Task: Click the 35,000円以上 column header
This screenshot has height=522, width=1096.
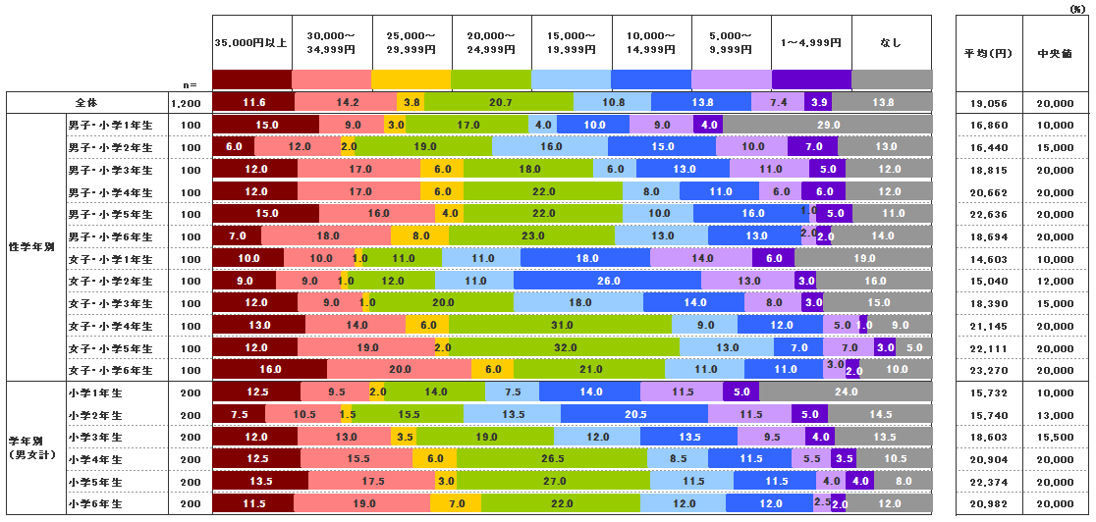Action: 251,42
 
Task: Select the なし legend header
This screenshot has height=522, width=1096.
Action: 891,42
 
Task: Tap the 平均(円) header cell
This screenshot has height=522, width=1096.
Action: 988,55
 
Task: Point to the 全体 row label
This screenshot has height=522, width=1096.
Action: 86,102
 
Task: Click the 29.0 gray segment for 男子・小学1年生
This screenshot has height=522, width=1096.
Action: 827,125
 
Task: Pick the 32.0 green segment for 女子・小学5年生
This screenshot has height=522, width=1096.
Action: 565,348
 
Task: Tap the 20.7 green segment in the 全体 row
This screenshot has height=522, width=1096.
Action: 499,102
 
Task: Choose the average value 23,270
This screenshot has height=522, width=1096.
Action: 988,371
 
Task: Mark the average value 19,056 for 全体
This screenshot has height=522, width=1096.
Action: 988,102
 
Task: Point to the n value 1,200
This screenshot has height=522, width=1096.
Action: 186,102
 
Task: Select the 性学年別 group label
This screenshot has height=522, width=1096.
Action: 31,247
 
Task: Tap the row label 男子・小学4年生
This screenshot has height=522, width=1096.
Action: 109,192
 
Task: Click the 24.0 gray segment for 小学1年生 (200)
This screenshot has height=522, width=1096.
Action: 845,392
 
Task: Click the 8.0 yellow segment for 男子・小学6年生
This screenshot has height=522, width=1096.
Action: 420,236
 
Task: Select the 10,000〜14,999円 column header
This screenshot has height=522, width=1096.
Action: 651,42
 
